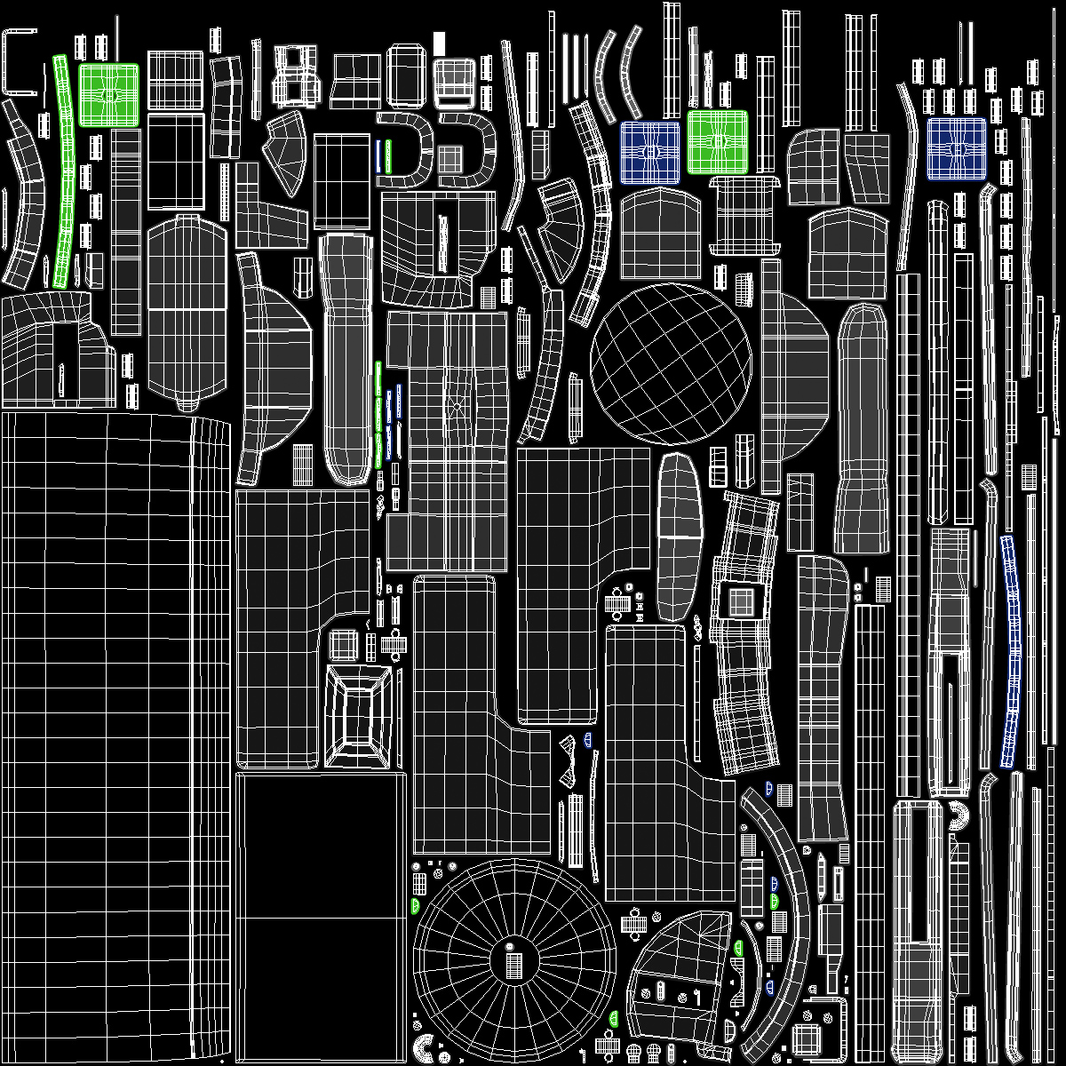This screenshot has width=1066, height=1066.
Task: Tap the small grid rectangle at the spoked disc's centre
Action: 513,965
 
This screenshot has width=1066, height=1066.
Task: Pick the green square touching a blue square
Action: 717,141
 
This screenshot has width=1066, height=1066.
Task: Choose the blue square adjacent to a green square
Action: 650,152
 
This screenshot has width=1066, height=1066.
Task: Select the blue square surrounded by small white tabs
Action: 957,149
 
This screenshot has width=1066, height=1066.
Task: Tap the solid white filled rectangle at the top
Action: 439,43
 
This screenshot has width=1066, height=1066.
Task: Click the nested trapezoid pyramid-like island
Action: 359,715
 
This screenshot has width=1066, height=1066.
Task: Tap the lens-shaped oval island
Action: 680,537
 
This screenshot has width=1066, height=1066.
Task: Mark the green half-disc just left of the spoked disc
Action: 415,905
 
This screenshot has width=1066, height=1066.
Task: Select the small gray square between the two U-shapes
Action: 450,160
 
